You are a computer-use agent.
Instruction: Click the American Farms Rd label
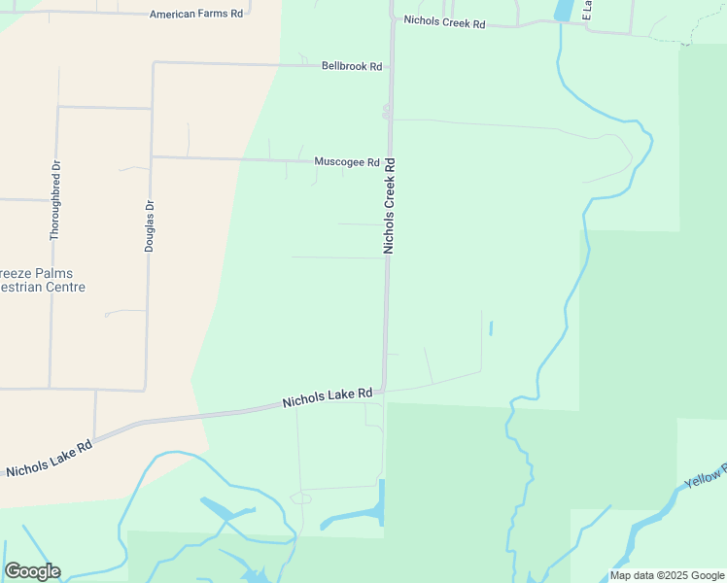(x=196, y=15)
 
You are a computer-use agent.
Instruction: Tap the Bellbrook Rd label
(x=352, y=66)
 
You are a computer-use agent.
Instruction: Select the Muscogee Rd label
(x=346, y=162)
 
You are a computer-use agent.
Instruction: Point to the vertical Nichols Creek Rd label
(x=390, y=206)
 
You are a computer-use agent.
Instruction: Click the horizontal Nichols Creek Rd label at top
(x=444, y=22)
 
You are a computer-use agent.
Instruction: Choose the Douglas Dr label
(x=150, y=226)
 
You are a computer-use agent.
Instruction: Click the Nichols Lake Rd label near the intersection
(x=328, y=397)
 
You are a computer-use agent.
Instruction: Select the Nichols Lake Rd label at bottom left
(x=49, y=458)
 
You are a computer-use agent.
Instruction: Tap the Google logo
(x=32, y=571)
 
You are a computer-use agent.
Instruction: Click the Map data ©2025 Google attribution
(x=668, y=575)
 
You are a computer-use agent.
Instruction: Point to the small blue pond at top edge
(x=562, y=11)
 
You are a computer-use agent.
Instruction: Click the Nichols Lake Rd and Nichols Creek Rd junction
(x=385, y=392)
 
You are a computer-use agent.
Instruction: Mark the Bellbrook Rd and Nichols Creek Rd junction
(x=391, y=68)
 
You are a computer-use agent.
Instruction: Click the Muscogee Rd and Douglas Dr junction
(x=152, y=156)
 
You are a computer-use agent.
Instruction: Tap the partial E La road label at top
(x=586, y=11)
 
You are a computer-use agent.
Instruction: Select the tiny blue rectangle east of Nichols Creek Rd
(x=491, y=328)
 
